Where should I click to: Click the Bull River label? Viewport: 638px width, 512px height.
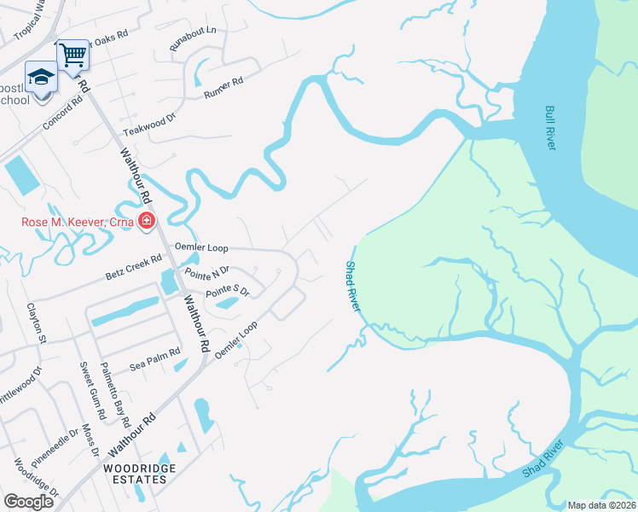550,128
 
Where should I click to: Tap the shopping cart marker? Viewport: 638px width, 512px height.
73,55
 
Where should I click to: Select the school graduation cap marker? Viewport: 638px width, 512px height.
40,78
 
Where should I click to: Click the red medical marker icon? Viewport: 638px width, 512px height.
147,223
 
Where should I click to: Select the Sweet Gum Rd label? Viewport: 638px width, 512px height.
92,393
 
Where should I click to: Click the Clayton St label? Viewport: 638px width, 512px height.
35,323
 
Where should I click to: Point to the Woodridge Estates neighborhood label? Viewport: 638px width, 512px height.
135,474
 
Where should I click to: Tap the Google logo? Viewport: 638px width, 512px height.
28,502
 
